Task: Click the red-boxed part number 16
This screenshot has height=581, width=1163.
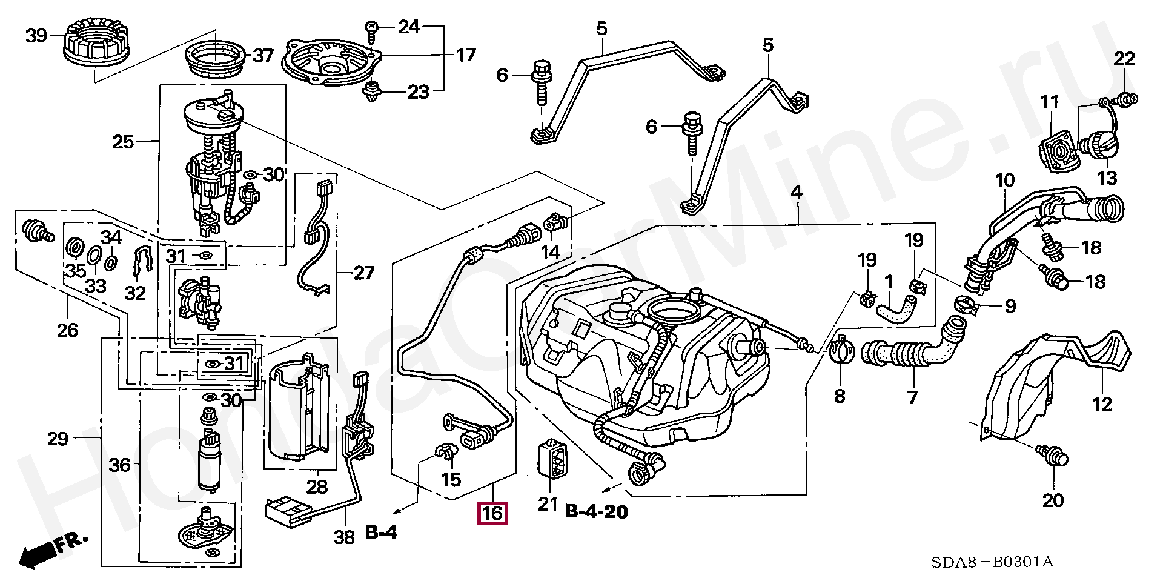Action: (x=492, y=514)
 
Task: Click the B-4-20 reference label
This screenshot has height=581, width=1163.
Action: (x=596, y=512)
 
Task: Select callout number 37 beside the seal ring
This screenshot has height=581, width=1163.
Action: (x=263, y=56)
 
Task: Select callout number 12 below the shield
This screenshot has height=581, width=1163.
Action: (x=1102, y=404)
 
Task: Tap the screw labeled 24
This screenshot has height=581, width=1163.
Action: (x=372, y=28)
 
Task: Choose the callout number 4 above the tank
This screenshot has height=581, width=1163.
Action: (x=797, y=193)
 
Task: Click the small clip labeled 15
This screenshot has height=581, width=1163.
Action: (x=446, y=451)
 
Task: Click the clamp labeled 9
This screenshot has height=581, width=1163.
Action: (x=968, y=307)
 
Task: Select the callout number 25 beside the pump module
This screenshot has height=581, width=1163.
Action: (x=123, y=142)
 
